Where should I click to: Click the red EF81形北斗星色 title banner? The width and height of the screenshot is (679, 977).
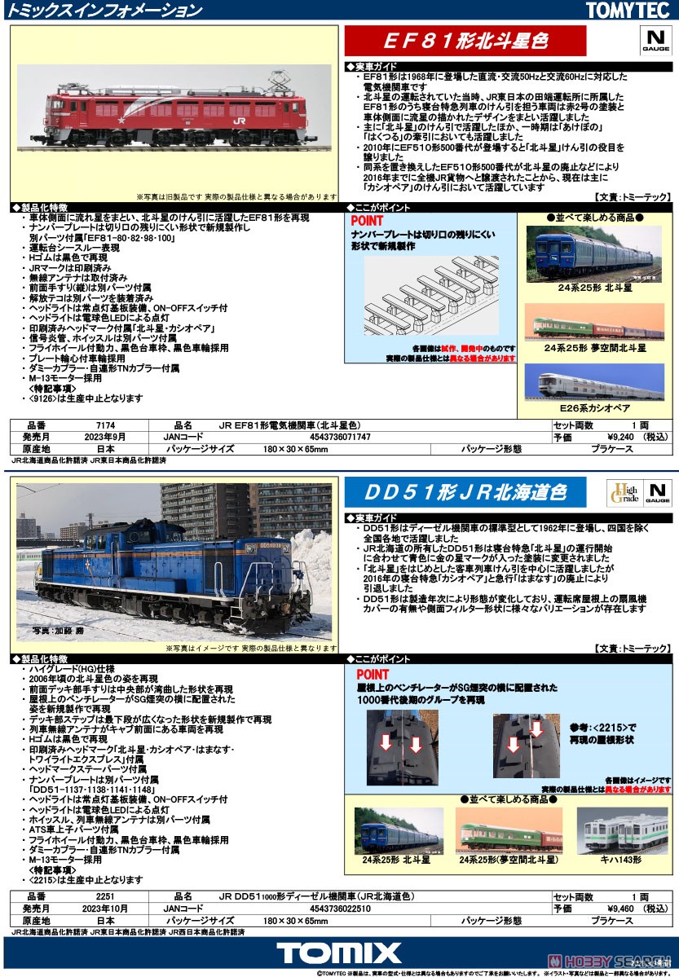tap(465, 41)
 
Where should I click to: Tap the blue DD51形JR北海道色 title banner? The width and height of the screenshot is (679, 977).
tap(465, 491)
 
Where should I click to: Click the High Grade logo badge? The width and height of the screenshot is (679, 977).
tap(624, 493)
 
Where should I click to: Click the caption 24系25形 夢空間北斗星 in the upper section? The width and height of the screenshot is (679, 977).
tap(595, 347)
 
